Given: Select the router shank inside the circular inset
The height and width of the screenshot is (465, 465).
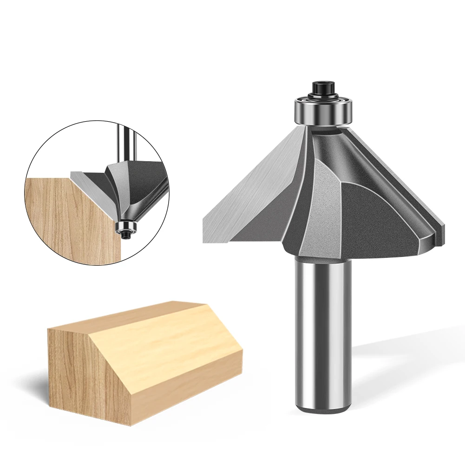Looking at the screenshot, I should [x=123, y=144].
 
